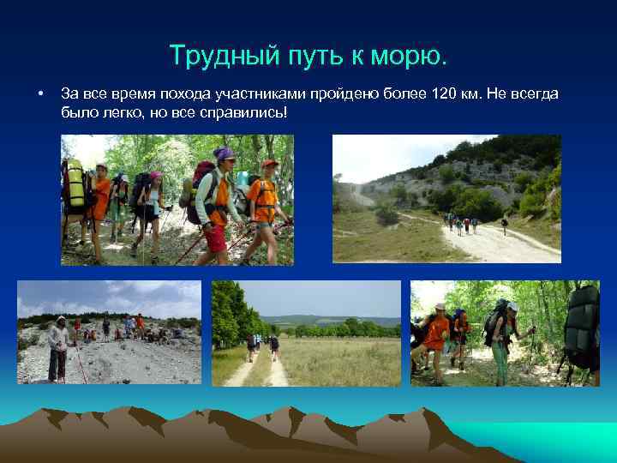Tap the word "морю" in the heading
click(413, 57)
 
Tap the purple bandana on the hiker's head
click(224, 154)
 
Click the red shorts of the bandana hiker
click(216, 238)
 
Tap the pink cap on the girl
click(155, 175)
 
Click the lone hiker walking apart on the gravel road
click(505, 225)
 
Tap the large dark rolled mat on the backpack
click(583, 326)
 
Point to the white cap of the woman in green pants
click(512, 306)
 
